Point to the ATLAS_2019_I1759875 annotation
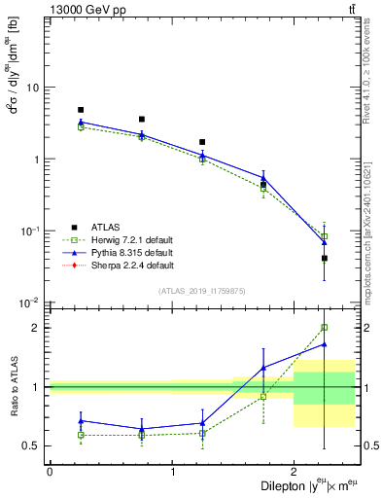[x=200, y=290]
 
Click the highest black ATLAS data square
[x=81, y=110]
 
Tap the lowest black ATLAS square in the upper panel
[x=324, y=258]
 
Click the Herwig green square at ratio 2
[x=324, y=328]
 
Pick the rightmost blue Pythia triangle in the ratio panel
[x=324, y=344]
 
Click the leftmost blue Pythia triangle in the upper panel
[x=81, y=123]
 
